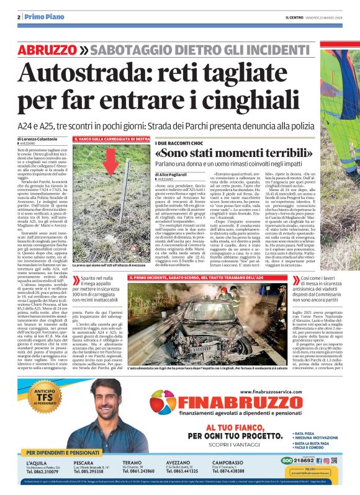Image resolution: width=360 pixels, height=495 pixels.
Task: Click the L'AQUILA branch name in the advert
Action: (38, 462)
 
